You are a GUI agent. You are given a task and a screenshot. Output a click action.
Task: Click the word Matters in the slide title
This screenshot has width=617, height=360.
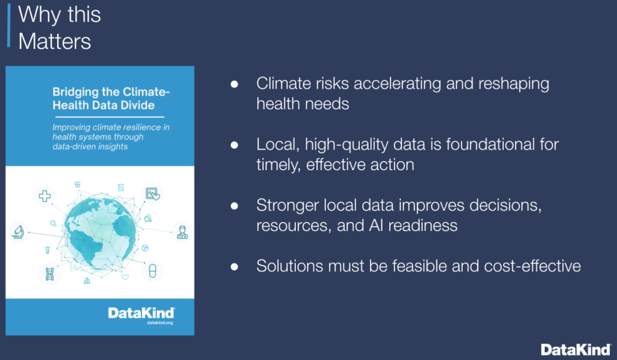55,42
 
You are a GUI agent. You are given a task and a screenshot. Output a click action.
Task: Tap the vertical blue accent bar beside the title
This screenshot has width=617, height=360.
8,25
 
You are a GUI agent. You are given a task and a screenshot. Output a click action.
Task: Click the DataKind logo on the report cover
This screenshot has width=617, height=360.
141,313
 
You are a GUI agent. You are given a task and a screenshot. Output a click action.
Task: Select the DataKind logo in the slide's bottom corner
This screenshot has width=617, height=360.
576,349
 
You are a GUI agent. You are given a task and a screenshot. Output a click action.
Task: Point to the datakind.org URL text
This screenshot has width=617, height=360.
160,323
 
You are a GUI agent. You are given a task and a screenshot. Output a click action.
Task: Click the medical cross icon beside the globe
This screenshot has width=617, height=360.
45,196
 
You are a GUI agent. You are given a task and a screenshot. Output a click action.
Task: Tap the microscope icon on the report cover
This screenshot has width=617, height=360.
17,232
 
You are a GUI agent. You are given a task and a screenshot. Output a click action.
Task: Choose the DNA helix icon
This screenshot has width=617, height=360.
49,273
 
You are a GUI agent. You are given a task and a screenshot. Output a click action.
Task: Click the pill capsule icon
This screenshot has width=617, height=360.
152,271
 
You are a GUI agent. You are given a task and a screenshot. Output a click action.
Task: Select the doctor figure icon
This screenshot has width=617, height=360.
182,232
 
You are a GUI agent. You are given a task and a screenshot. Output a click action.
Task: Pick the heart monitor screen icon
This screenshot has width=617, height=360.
152,194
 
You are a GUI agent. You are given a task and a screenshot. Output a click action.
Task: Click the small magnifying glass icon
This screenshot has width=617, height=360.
53,224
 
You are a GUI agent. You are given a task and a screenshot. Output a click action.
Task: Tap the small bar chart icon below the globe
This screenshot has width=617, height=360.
87,280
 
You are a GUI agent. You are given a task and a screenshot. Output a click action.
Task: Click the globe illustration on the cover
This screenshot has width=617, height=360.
99,232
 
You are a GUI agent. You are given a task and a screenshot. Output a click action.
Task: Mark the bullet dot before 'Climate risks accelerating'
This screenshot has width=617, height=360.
234,84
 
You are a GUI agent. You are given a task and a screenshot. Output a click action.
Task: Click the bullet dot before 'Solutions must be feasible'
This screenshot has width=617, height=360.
234,267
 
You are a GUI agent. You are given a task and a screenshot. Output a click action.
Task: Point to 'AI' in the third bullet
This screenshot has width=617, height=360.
375,226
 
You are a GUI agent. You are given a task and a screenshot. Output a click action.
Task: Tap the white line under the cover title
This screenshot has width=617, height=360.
110,117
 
